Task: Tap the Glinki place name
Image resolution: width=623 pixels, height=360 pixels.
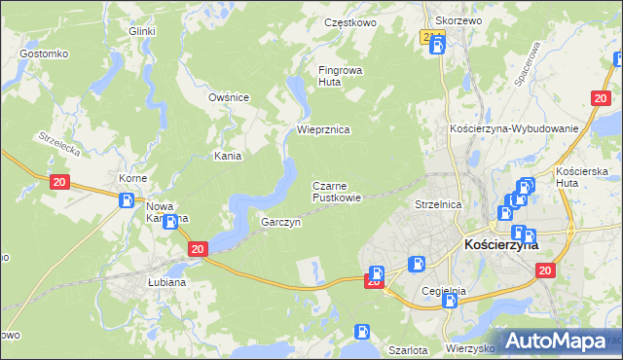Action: click(142, 31)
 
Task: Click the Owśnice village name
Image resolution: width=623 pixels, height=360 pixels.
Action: click(230, 97)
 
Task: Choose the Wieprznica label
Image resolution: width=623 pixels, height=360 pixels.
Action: click(323, 129)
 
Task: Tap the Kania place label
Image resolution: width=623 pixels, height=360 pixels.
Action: click(228, 156)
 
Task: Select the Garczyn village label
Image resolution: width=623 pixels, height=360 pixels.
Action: click(280, 223)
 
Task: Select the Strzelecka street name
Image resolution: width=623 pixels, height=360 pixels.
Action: click(58, 147)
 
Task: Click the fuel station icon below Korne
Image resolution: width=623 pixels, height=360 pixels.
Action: click(127, 200)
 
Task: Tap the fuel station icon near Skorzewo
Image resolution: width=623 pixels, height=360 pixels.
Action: click(438, 45)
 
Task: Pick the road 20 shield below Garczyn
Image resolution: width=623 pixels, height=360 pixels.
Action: click(199, 250)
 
